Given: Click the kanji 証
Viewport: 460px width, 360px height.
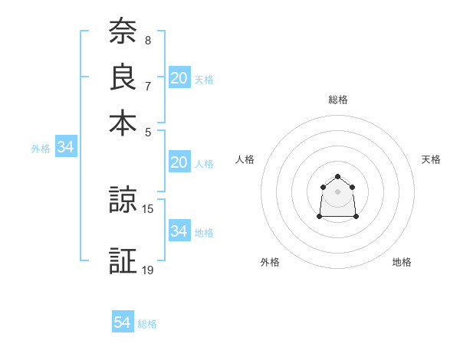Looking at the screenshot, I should (x=123, y=260).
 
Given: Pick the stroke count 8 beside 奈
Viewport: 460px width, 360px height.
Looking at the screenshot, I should (x=147, y=40).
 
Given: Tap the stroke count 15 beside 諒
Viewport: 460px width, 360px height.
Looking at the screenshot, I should (x=148, y=208).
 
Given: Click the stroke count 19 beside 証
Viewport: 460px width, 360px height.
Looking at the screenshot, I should (x=148, y=270).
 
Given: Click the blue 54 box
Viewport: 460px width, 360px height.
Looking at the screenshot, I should (x=122, y=323).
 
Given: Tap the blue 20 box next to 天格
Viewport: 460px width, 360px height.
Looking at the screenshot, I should (x=179, y=78).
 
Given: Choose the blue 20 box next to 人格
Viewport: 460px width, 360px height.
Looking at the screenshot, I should (x=179, y=163).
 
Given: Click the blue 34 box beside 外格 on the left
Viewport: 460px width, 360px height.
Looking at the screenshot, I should (x=65, y=148).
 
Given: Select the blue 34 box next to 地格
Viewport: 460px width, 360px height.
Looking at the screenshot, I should (x=179, y=231).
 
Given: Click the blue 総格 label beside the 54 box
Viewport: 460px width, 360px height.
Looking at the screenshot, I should (x=147, y=324).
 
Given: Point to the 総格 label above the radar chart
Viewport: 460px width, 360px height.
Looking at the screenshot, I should (x=338, y=100).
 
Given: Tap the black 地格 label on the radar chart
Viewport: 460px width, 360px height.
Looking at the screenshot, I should (x=402, y=262).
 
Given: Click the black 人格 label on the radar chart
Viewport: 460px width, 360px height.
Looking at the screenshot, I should (x=245, y=159).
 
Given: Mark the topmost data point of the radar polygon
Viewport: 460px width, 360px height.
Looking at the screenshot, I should (x=338, y=177).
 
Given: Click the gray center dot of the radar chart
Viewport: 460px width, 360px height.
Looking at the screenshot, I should (x=338, y=191).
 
